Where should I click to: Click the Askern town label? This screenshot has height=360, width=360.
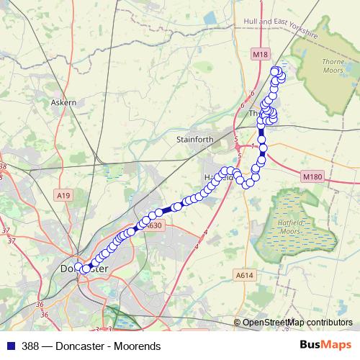pyautogui.click(x=63, y=103)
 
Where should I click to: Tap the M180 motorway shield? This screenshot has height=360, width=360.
pyautogui.click(x=312, y=176)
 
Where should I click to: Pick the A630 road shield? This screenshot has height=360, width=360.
pyautogui.click(x=153, y=226)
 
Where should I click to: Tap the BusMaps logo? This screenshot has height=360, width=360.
pyautogui.click(x=326, y=346)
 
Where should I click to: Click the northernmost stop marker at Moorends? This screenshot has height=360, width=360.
pyautogui.click(x=275, y=70)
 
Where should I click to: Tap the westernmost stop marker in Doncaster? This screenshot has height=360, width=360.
pyautogui.click(x=78, y=267)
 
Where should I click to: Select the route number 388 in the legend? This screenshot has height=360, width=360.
pyautogui.click(x=31, y=346)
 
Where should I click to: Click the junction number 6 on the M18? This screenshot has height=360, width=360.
pyautogui.click(x=253, y=94)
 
